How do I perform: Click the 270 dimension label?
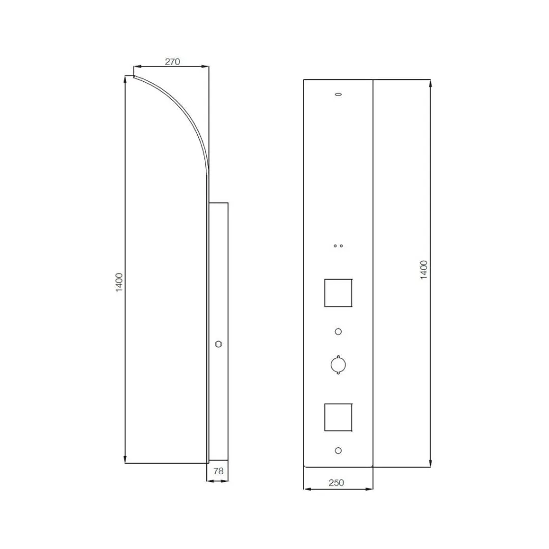pyautogui.click(x=172, y=62)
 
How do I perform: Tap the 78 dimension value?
pyautogui.click(x=218, y=471)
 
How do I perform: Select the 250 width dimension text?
pyautogui.click(x=336, y=483)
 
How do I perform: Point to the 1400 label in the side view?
pyautogui.click(x=119, y=283)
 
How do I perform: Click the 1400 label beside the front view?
pyautogui.click(x=423, y=270)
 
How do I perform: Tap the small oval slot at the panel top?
pyautogui.click(x=338, y=94)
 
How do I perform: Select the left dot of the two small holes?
pyautogui.click(x=335, y=246)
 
